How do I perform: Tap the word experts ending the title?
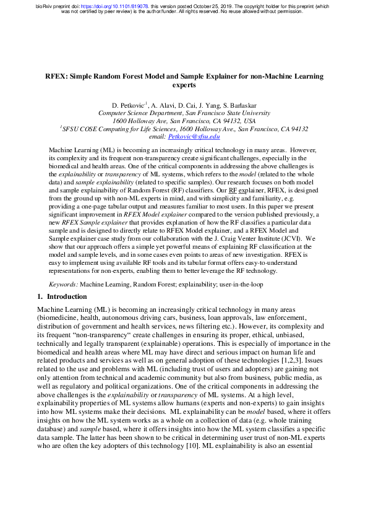[184, 86]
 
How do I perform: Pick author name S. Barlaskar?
[242, 106]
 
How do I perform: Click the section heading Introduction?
[68, 296]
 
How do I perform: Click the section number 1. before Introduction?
[41, 296]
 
